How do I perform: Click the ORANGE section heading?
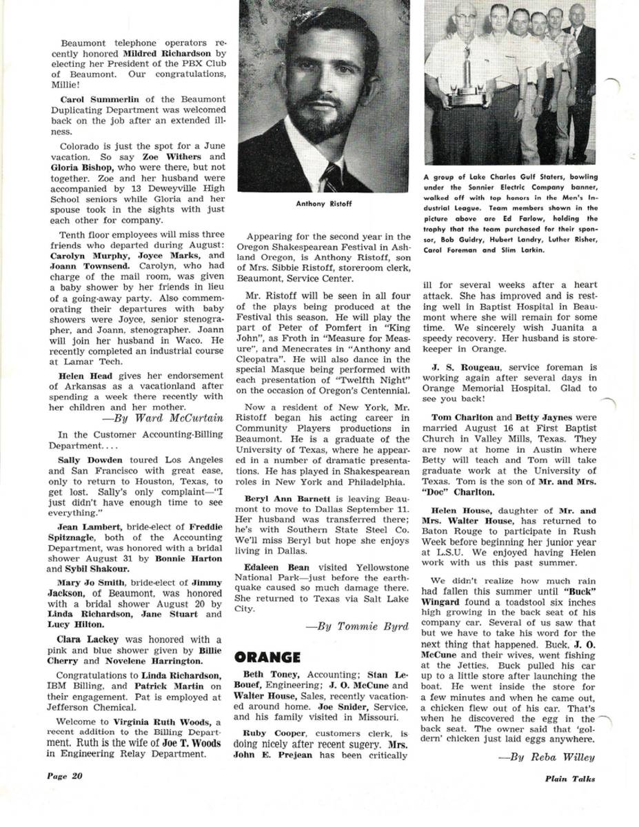pyautogui.click(x=268, y=657)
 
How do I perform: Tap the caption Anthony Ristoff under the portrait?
pyautogui.click(x=323, y=204)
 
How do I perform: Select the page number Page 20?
pyautogui.click(x=65, y=776)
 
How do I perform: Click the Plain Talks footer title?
pyautogui.click(x=567, y=779)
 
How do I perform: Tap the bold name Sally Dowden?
pyautogui.click(x=88, y=459)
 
